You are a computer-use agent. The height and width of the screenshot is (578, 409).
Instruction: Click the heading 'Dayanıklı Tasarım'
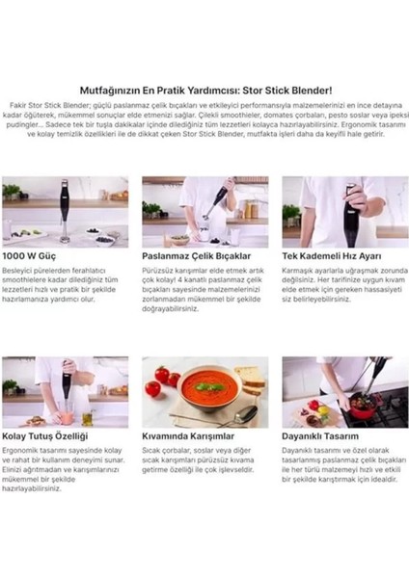point(324,436)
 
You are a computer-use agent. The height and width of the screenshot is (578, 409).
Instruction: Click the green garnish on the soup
point(203,386)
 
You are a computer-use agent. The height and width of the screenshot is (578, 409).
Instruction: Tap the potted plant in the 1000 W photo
point(12,192)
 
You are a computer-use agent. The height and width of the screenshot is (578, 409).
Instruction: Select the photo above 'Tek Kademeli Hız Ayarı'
point(344,210)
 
